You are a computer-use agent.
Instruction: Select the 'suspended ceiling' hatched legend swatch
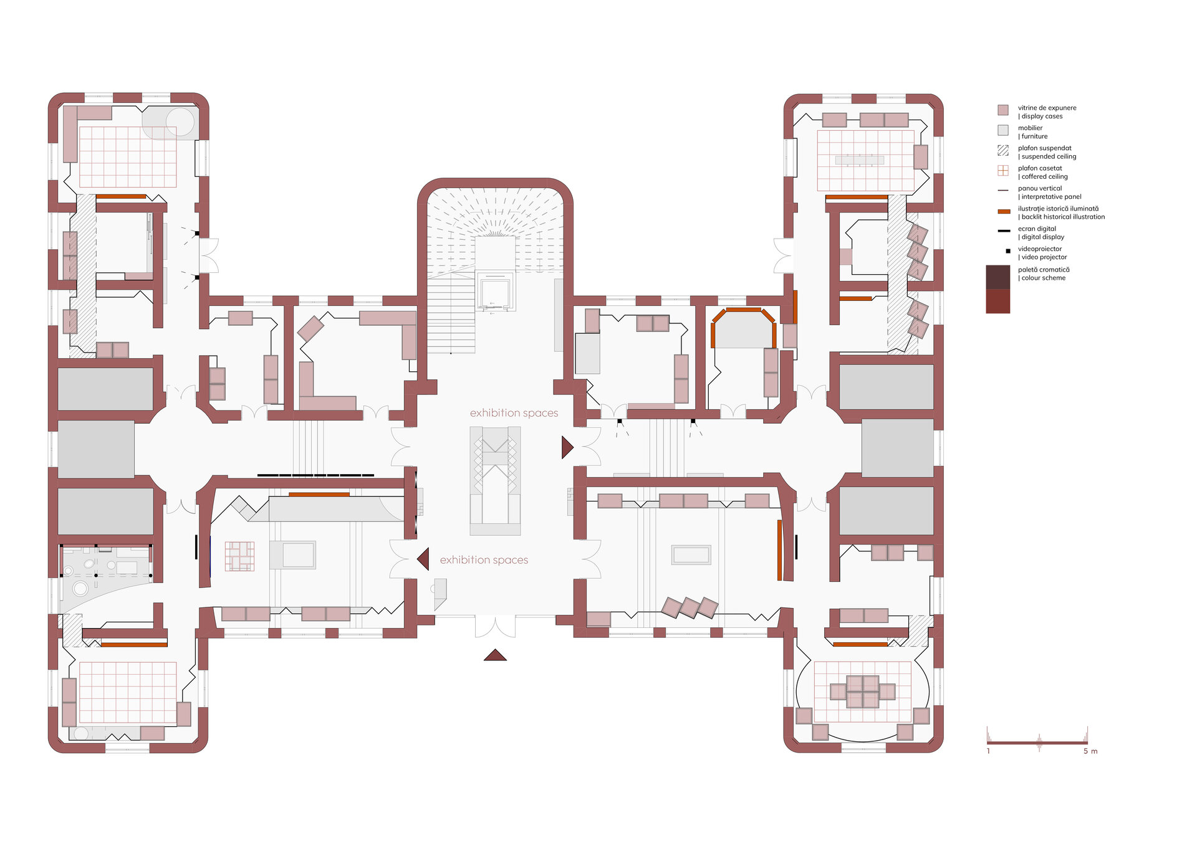pyautogui.click(x=1003, y=150)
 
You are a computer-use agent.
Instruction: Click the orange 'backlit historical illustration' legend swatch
pyautogui.click(x=1004, y=212)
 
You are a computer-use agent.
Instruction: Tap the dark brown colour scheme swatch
pyautogui.click(x=997, y=277)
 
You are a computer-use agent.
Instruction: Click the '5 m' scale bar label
pyautogui.click(x=1090, y=751)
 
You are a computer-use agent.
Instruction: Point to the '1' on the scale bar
pyautogui.click(x=988, y=751)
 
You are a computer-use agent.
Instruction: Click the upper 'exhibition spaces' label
pyautogui.click(x=514, y=413)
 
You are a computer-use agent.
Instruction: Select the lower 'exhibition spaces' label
pyautogui.click(x=484, y=560)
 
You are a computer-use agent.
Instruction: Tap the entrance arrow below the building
pyautogui.click(x=495, y=655)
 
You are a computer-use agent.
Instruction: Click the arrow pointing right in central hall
pyautogui.click(x=567, y=447)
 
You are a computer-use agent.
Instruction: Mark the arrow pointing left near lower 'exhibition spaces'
pyautogui.click(x=423, y=559)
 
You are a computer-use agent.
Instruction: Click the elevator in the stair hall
pyautogui.click(x=495, y=291)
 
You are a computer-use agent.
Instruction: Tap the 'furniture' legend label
pyautogui.click(x=1034, y=136)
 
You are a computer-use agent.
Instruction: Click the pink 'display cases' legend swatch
pyautogui.click(x=1003, y=110)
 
